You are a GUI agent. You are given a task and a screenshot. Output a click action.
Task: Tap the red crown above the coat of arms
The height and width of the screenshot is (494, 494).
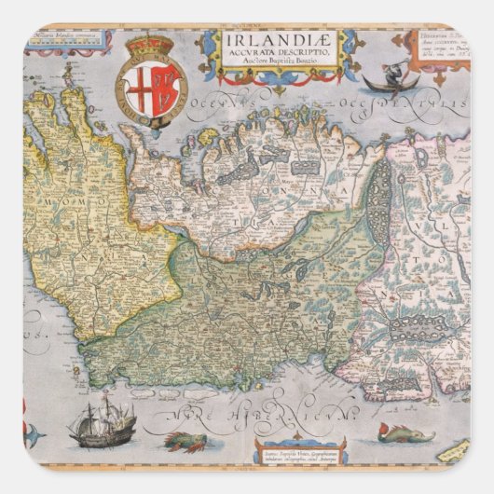pyautogui.click(x=150, y=46)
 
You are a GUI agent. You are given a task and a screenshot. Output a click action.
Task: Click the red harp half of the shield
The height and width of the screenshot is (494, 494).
pyautogui.click(x=164, y=91)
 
